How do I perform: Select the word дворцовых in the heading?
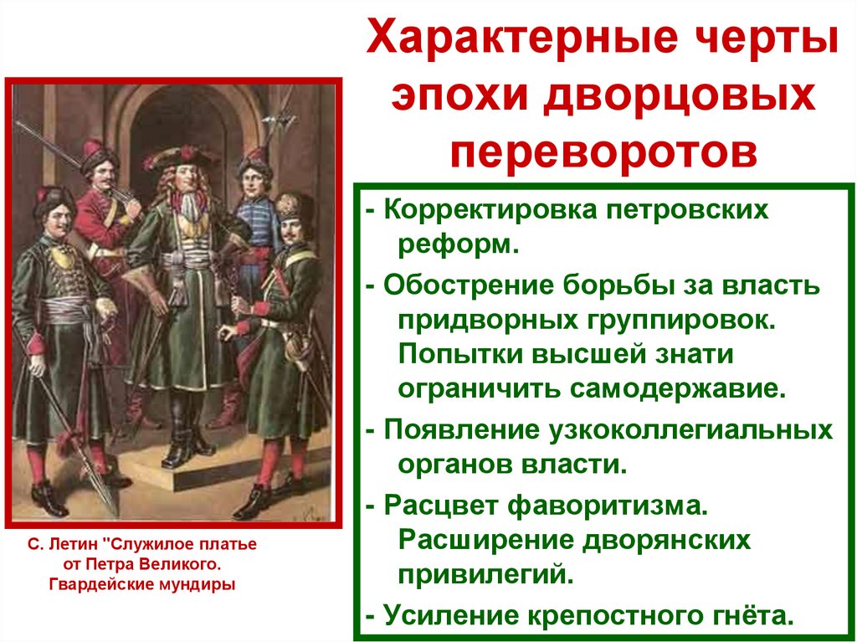tap(680, 96)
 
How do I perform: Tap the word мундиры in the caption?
tap(200, 583)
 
